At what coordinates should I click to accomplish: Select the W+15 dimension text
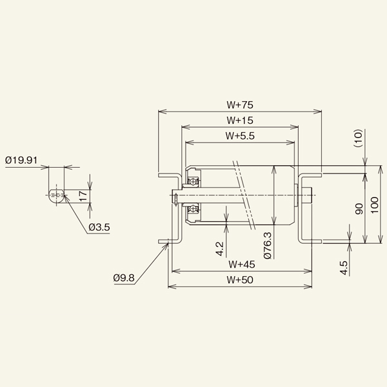[239, 120]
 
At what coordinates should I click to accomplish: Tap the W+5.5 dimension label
[241, 135]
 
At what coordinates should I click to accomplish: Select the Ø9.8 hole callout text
[123, 278]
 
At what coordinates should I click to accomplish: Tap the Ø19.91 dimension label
[22, 159]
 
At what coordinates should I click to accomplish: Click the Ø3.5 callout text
[101, 227]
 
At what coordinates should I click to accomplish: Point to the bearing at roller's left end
[192, 193]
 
